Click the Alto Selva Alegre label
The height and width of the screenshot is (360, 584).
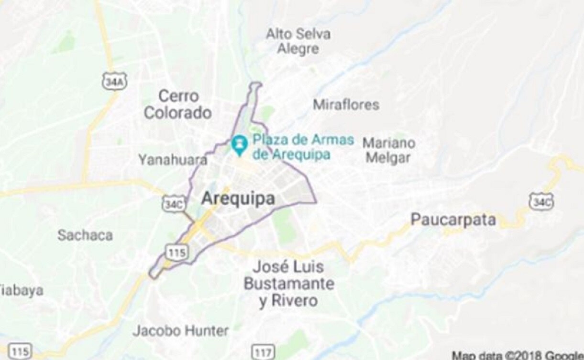(298, 41)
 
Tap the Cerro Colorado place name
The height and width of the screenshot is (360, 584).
(177, 104)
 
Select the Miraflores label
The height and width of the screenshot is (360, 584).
(346, 105)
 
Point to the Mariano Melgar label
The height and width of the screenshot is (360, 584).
(388, 150)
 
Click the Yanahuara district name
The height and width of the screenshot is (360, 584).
(173, 160)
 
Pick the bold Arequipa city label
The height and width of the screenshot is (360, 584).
(238, 198)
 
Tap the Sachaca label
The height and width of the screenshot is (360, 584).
(85, 235)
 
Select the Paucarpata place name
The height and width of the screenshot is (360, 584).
(453, 220)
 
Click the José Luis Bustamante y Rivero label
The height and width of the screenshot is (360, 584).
(289, 284)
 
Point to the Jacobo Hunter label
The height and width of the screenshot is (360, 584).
(181, 330)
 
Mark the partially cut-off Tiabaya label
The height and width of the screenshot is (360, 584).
(22, 290)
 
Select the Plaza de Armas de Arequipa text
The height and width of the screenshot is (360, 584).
(303, 147)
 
